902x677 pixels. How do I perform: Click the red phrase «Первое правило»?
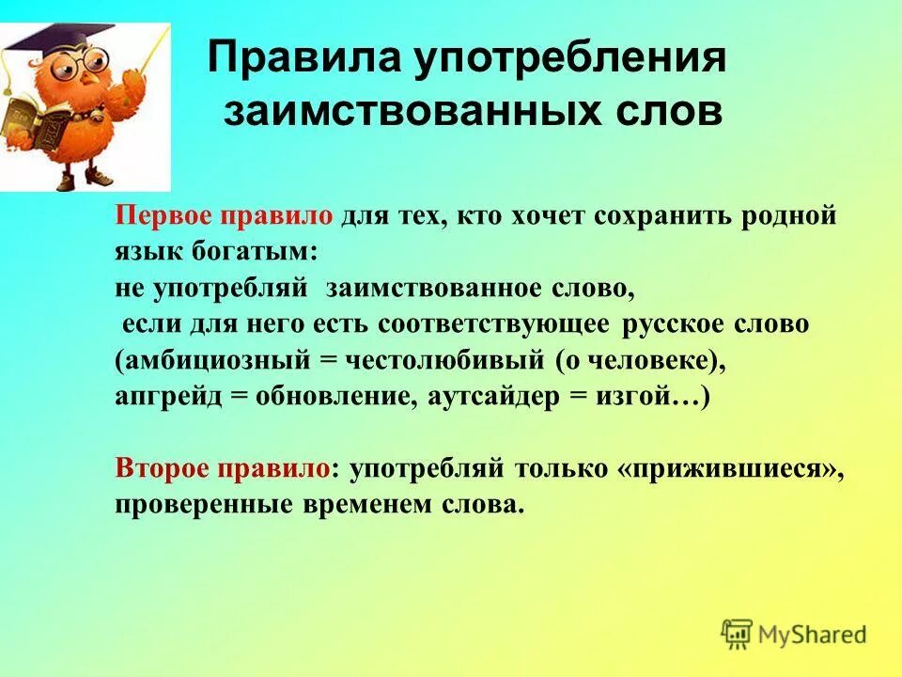pos(224,216)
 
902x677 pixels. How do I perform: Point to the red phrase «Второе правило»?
pos(223,468)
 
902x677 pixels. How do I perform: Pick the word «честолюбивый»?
pos(446,360)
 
